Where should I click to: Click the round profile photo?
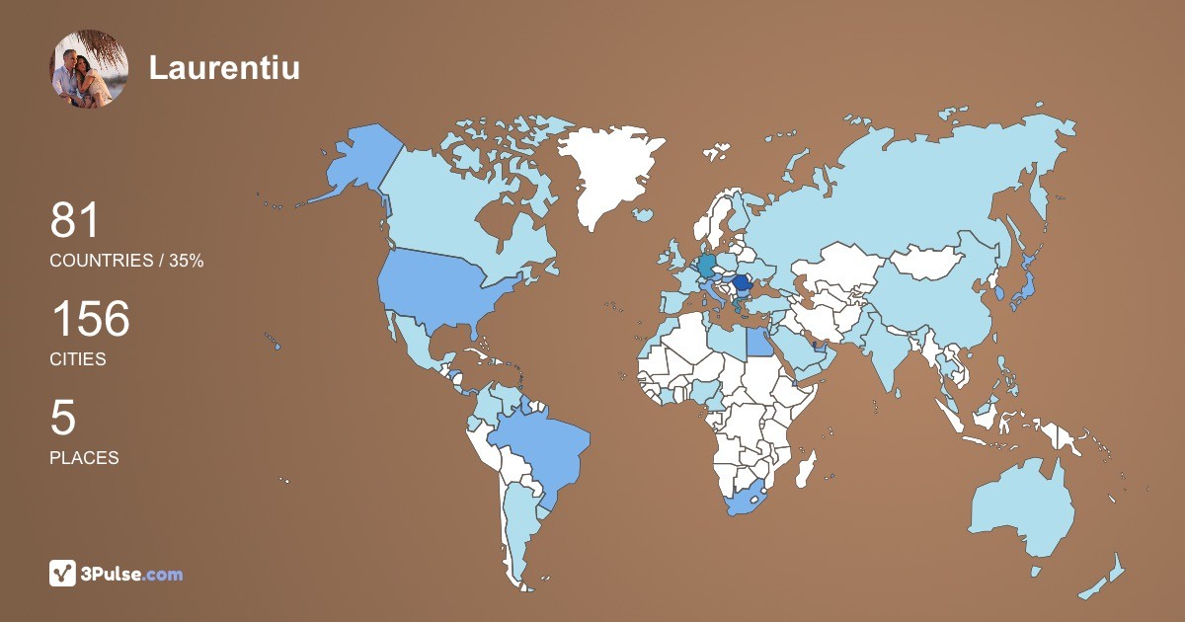click(x=89, y=68)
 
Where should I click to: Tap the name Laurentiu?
click(x=224, y=68)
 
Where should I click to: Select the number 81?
click(x=75, y=221)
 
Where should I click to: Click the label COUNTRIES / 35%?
click(x=126, y=261)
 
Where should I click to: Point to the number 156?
click(x=90, y=320)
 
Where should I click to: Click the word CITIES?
click(x=78, y=359)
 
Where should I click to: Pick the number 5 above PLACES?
click(x=62, y=419)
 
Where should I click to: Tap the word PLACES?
click(x=84, y=458)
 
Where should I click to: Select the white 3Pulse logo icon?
click(x=63, y=574)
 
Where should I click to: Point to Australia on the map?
click(x=1022, y=508)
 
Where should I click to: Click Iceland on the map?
click(x=643, y=214)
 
